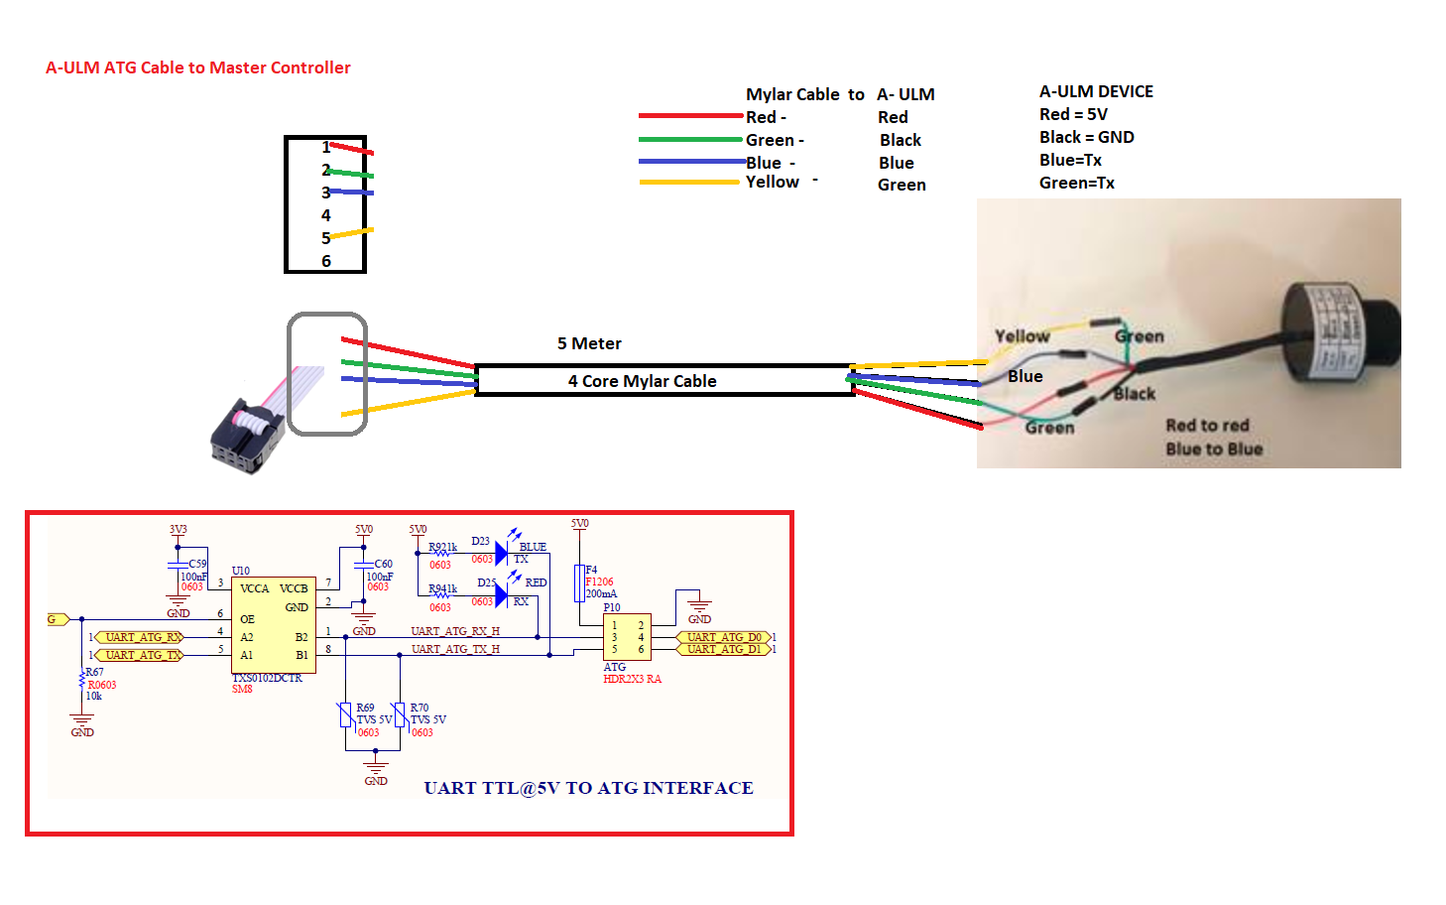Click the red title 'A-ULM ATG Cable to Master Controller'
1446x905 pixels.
197,67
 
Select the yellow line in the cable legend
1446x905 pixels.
689,182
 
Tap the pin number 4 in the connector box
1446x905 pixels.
325,215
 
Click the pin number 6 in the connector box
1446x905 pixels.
325,261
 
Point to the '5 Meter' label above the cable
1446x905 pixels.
589,343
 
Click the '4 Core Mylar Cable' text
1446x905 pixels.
642,381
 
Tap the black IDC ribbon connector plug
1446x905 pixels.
247,437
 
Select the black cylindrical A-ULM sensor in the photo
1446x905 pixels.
1339,327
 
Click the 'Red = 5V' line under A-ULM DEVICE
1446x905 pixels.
1073,114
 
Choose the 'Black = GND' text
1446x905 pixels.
1086,137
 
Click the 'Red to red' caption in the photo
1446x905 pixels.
1207,426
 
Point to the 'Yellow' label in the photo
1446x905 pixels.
1022,336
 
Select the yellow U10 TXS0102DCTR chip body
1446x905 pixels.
274,626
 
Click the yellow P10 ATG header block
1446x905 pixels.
627,637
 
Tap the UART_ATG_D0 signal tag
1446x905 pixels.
724,637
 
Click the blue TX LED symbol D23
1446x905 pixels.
501,552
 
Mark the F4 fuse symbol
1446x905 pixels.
579,583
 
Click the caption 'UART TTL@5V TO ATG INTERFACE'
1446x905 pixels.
588,788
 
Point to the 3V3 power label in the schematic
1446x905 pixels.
178,530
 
